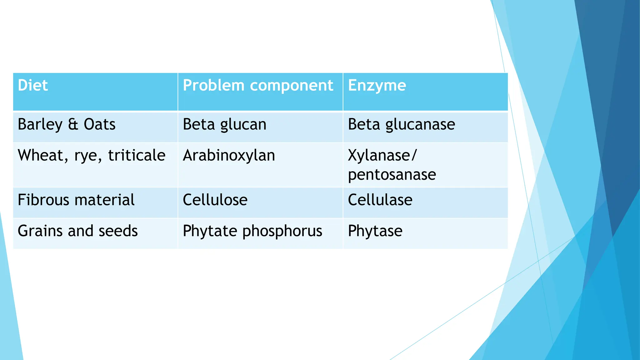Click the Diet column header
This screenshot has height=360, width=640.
click(33, 85)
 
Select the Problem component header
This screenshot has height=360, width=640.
click(258, 85)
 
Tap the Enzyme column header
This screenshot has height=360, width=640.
click(377, 85)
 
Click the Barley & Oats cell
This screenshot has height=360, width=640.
click(67, 124)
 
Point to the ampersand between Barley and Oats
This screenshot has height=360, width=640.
click(73, 124)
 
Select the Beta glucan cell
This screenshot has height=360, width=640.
click(224, 124)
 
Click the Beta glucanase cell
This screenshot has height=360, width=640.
click(401, 124)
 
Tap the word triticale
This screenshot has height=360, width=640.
click(137, 155)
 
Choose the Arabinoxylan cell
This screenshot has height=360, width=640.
click(229, 155)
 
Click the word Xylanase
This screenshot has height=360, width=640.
click(379, 155)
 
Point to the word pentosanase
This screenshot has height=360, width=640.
click(392, 174)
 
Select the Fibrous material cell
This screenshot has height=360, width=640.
click(76, 200)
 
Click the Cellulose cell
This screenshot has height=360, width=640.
click(215, 200)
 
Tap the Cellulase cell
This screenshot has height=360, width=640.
click(380, 200)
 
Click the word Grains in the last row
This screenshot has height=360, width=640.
click(40, 231)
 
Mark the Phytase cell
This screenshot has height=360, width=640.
click(375, 231)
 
